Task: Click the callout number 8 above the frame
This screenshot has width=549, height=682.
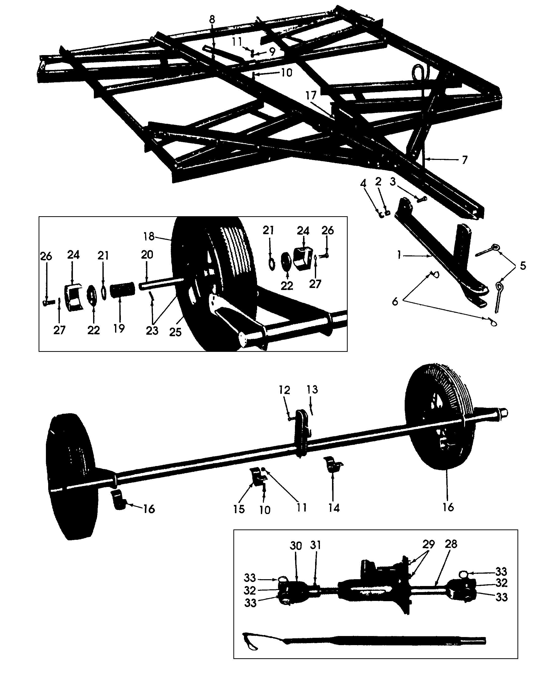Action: pyautogui.click(x=212, y=20)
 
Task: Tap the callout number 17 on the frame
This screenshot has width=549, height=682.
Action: pyautogui.click(x=311, y=95)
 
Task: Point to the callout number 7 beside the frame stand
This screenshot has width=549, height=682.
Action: pyautogui.click(x=464, y=160)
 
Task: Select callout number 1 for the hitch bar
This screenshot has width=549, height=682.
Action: pyautogui.click(x=399, y=255)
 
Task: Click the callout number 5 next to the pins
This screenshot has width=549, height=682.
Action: pyautogui.click(x=523, y=266)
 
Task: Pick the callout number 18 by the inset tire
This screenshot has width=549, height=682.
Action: pyautogui.click(x=149, y=236)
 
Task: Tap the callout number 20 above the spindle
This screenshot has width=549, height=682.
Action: pyautogui.click(x=147, y=255)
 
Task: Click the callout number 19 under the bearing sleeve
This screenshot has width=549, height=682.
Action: pyautogui.click(x=119, y=329)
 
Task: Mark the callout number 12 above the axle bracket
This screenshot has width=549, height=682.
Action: pyautogui.click(x=284, y=390)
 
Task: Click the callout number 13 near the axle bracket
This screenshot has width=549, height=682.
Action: pyautogui.click(x=312, y=389)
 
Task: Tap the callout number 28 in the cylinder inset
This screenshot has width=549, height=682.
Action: pyautogui.click(x=451, y=544)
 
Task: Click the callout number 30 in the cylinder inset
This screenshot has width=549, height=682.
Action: pyautogui.click(x=296, y=546)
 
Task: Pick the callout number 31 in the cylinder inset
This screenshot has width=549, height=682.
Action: pyautogui.click(x=316, y=545)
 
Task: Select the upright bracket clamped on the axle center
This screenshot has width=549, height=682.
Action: pyautogui.click(x=302, y=432)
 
